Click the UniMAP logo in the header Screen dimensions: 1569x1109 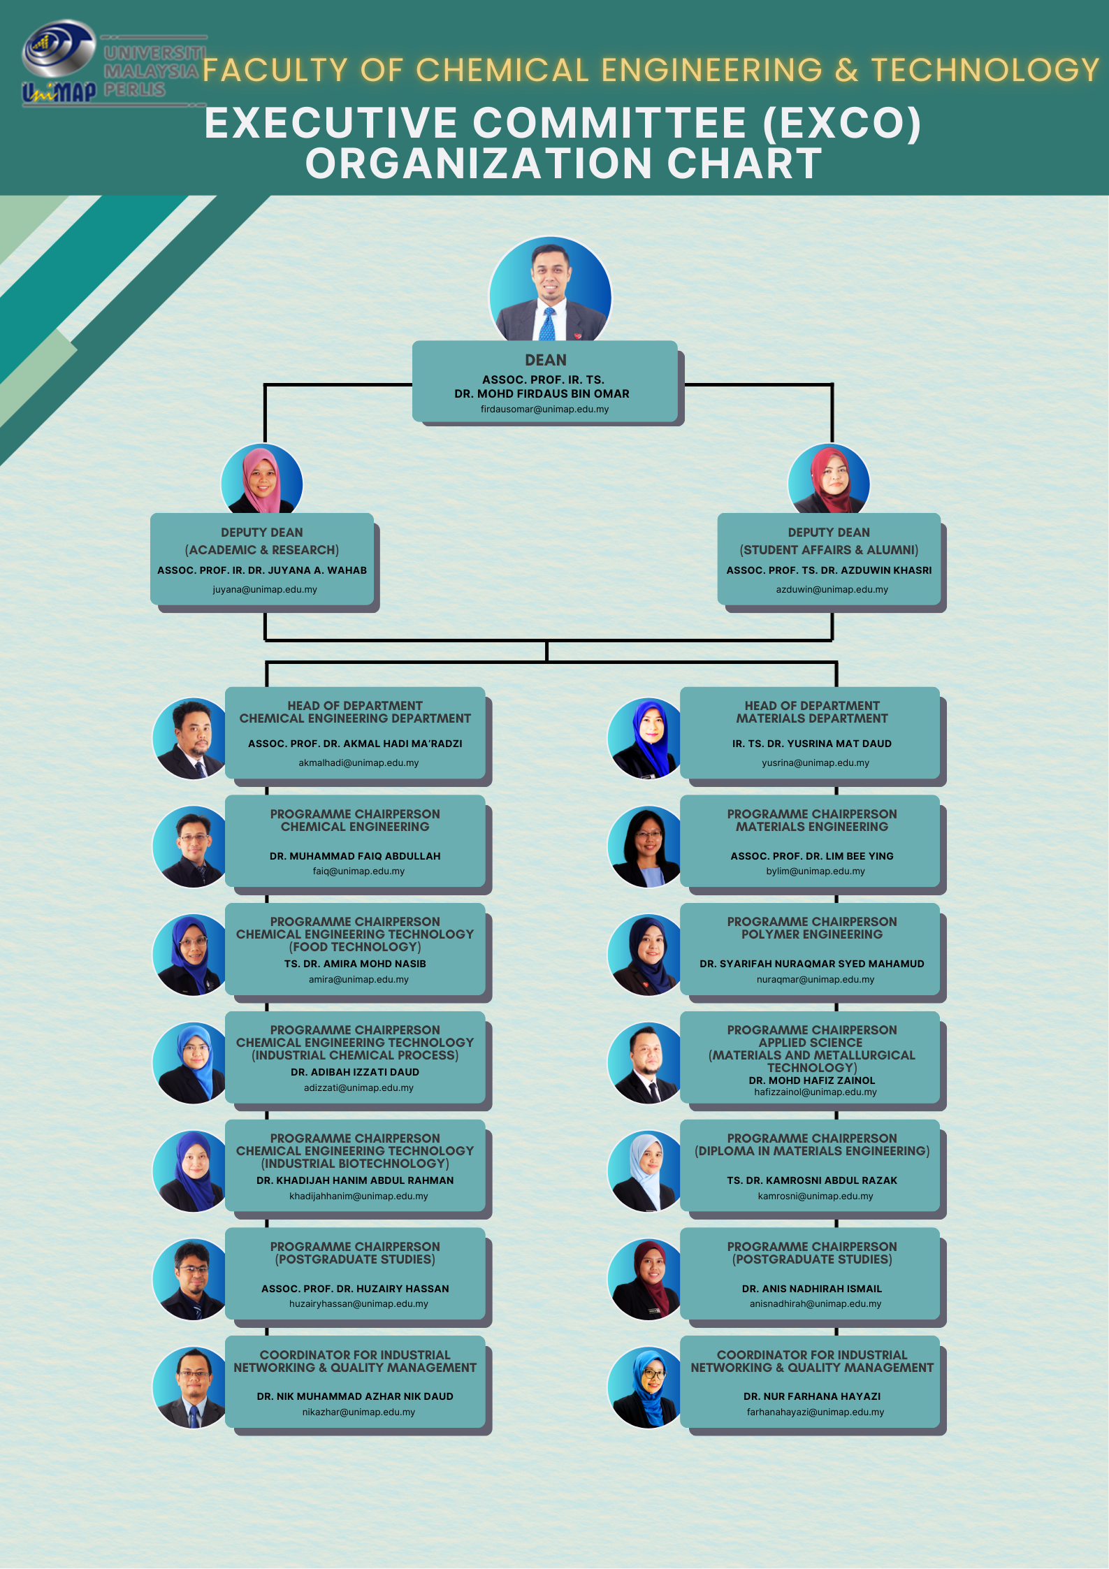click(x=59, y=63)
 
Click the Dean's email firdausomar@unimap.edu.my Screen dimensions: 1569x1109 click(x=544, y=410)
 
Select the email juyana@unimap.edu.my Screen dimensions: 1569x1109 click(x=265, y=590)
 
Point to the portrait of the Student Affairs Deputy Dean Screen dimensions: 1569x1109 click(x=829, y=482)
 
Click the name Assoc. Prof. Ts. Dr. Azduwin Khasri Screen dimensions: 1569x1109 click(x=829, y=570)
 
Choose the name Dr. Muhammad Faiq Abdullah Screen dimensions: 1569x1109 click(x=355, y=856)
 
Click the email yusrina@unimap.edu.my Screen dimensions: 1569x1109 click(x=816, y=763)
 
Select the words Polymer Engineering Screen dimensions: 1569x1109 click(x=812, y=934)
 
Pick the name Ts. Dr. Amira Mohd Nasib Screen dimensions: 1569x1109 click(x=355, y=964)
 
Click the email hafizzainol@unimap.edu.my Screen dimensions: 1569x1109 click(x=816, y=1092)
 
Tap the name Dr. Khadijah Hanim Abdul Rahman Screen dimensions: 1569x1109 click(x=355, y=1180)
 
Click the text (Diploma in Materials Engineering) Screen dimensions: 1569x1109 click(x=812, y=1151)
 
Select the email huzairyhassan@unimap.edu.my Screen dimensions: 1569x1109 click(x=358, y=1304)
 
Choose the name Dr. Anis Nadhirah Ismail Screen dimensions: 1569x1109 click(x=812, y=1289)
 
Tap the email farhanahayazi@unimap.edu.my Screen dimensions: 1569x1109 click(x=816, y=1412)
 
